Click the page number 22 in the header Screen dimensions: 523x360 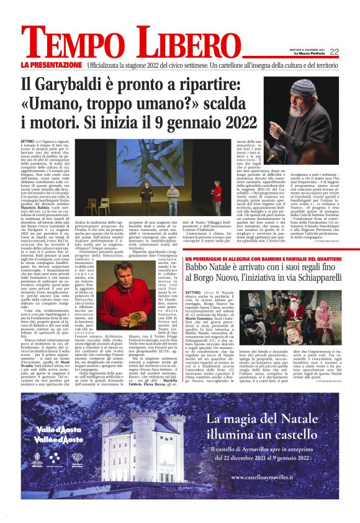[334, 52]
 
